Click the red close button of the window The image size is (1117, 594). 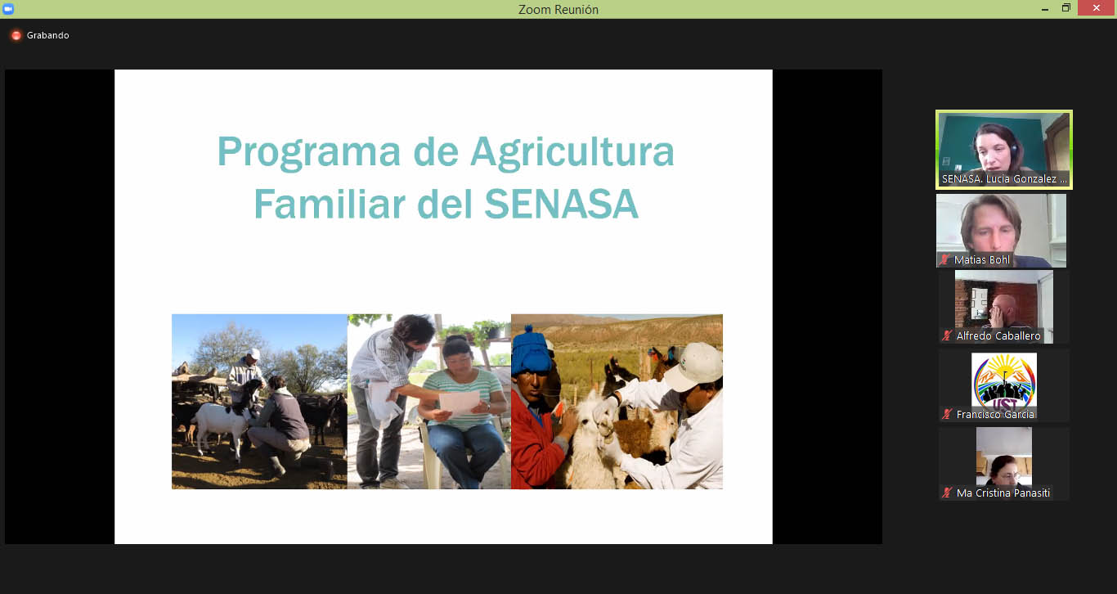[x=1097, y=8]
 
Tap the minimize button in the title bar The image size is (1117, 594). [x=1045, y=9]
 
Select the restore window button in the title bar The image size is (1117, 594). [x=1066, y=8]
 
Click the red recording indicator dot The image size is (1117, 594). [x=16, y=35]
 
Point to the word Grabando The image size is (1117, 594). [x=48, y=35]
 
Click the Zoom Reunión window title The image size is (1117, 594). [x=558, y=10]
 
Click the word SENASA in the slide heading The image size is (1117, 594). [x=562, y=204]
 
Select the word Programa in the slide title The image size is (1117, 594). [x=308, y=153]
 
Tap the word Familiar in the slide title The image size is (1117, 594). [x=330, y=204]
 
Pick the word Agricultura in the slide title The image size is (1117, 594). [x=572, y=153]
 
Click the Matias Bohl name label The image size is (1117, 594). [x=981, y=260]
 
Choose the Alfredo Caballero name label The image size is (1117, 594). [x=998, y=336]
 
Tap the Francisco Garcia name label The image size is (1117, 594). [x=995, y=415]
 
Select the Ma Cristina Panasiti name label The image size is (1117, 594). [x=1003, y=493]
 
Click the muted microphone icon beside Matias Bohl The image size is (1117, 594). [x=944, y=260]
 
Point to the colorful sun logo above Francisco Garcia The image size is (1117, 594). [x=1004, y=381]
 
